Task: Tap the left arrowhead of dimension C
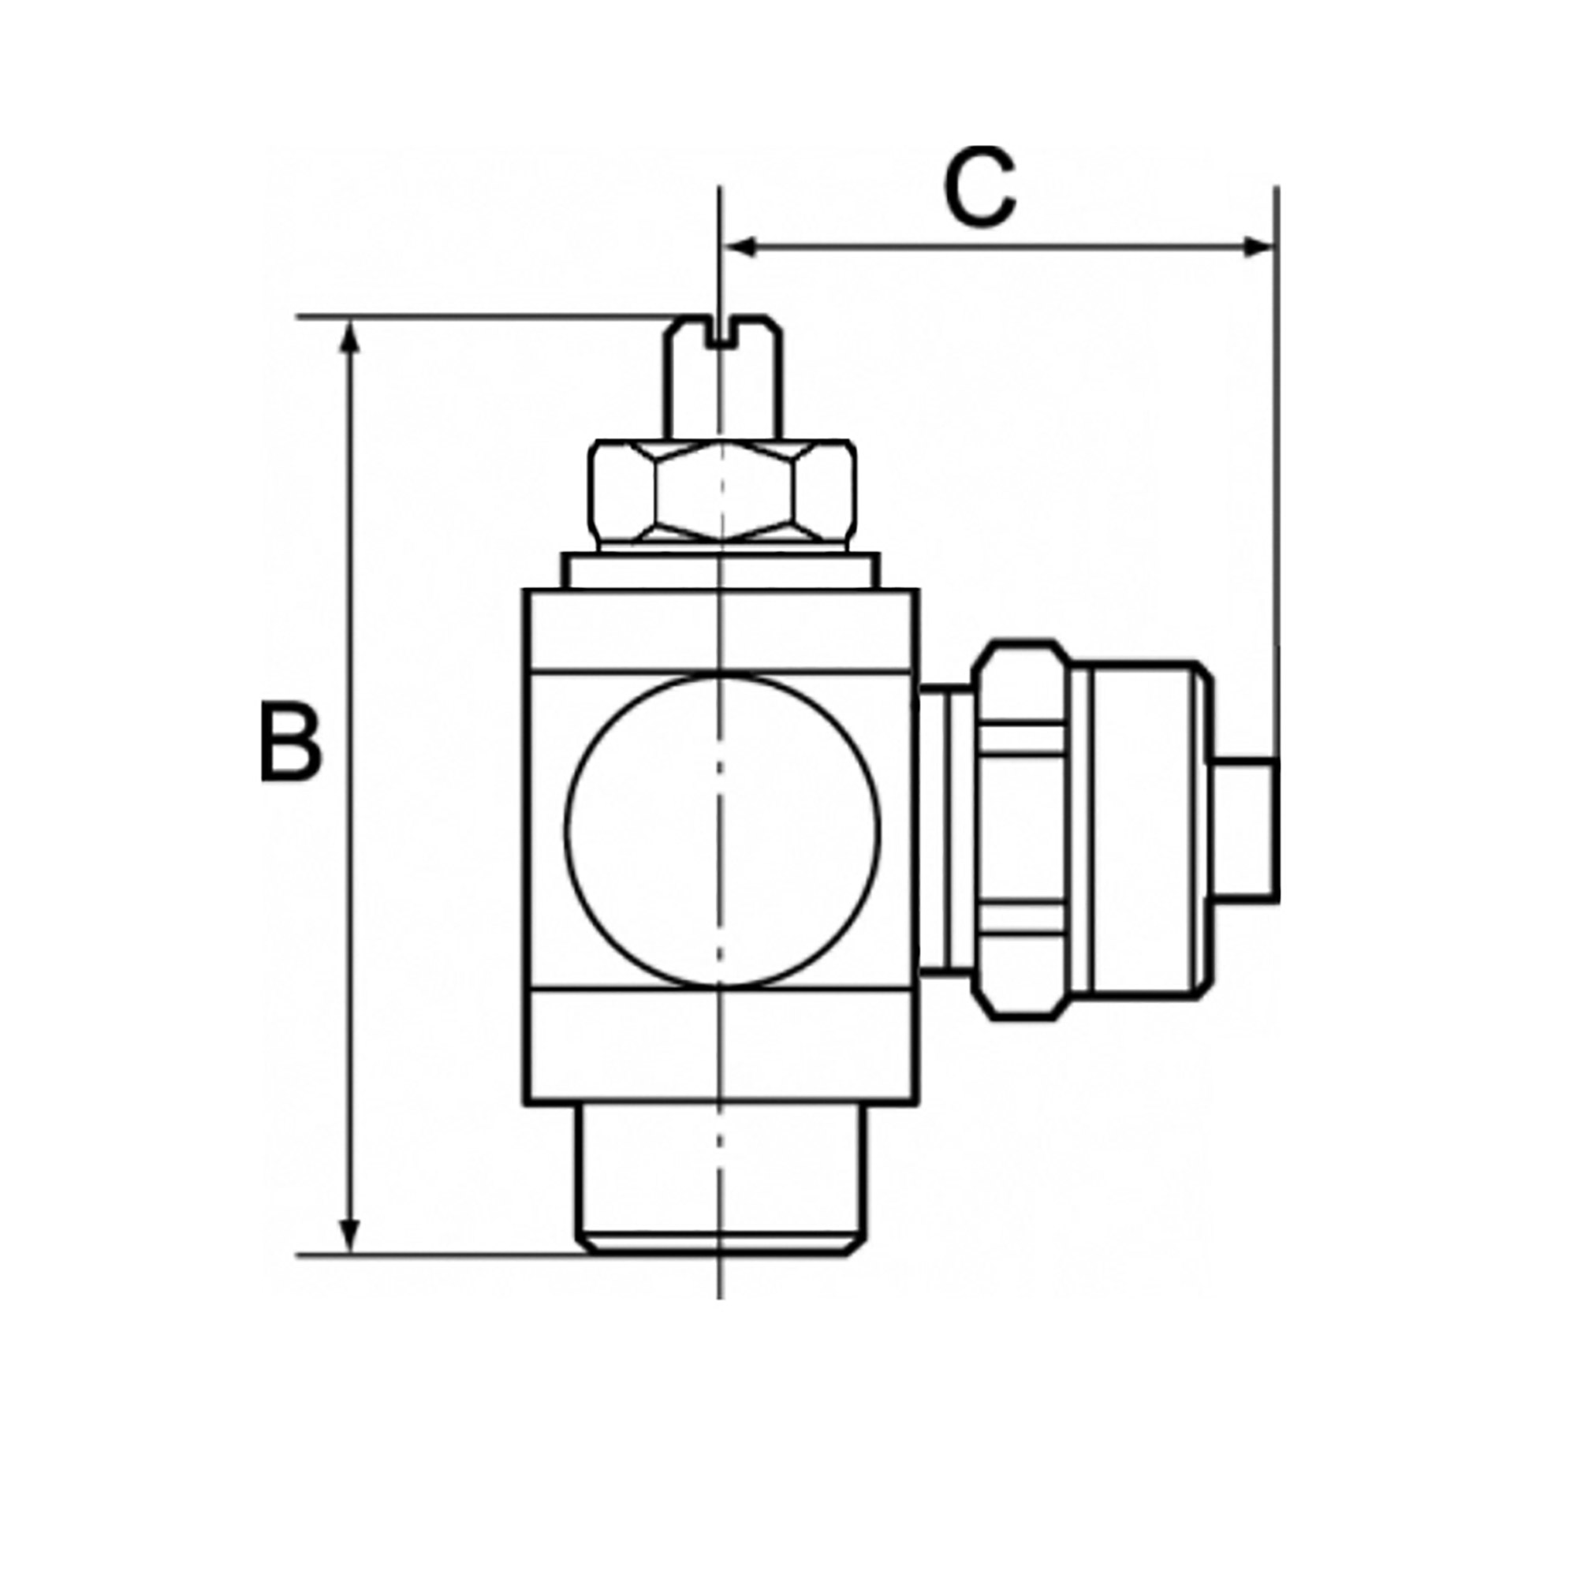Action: [739, 247]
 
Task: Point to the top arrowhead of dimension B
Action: [349, 337]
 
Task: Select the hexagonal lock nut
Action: [723, 494]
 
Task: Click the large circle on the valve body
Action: [723, 831]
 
